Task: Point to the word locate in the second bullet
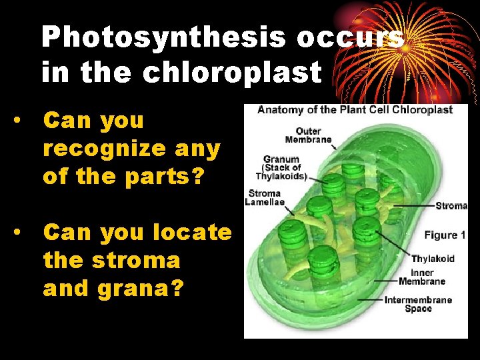tap(194, 233)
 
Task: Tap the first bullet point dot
tap(23, 121)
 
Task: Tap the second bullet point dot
tap(23, 233)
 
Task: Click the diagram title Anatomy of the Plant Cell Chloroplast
tap(355, 110)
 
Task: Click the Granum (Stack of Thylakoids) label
tap(281, 168)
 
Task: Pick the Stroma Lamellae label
tap(265, 198)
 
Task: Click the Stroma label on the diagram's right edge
tap(451, 206)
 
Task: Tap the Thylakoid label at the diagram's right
tap(433, 259)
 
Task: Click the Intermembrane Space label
tap(418, 304)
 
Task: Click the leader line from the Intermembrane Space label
tap(371, 300)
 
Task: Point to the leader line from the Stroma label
tap(413, 206)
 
